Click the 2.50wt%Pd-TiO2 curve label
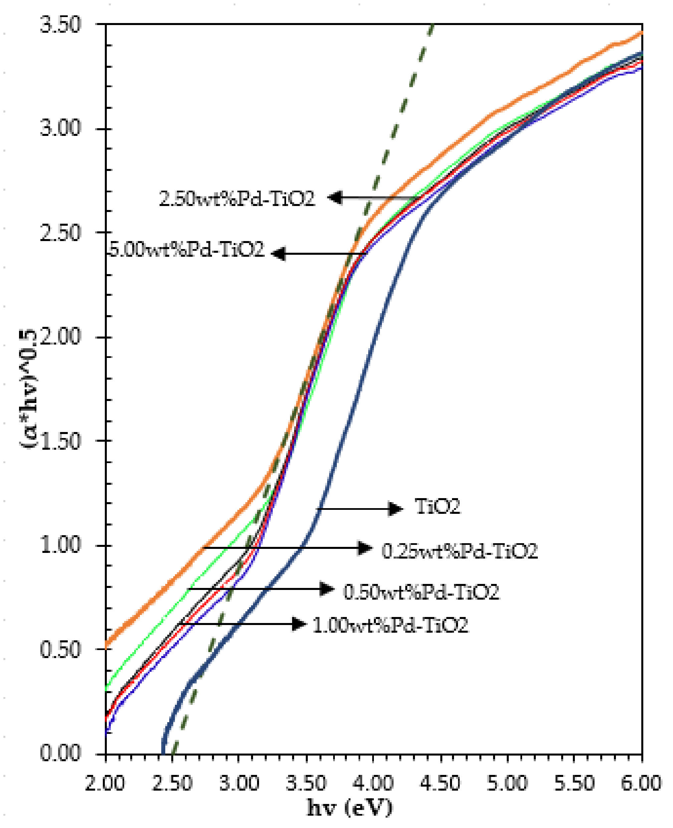(x=237, y=199)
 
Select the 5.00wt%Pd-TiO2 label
(x=187, y=249)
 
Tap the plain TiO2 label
(x=437, y=506)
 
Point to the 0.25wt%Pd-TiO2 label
(x=460, y=551)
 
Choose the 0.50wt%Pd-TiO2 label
(x=421, y=592)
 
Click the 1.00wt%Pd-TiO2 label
(x=390, y=625)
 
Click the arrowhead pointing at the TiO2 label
(x=396, y=508)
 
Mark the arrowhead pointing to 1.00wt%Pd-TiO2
(x=299, y=624)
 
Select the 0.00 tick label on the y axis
(x=60, y=754)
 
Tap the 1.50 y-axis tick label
(x=60, y=441)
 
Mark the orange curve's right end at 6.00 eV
(x=642, y=33)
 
